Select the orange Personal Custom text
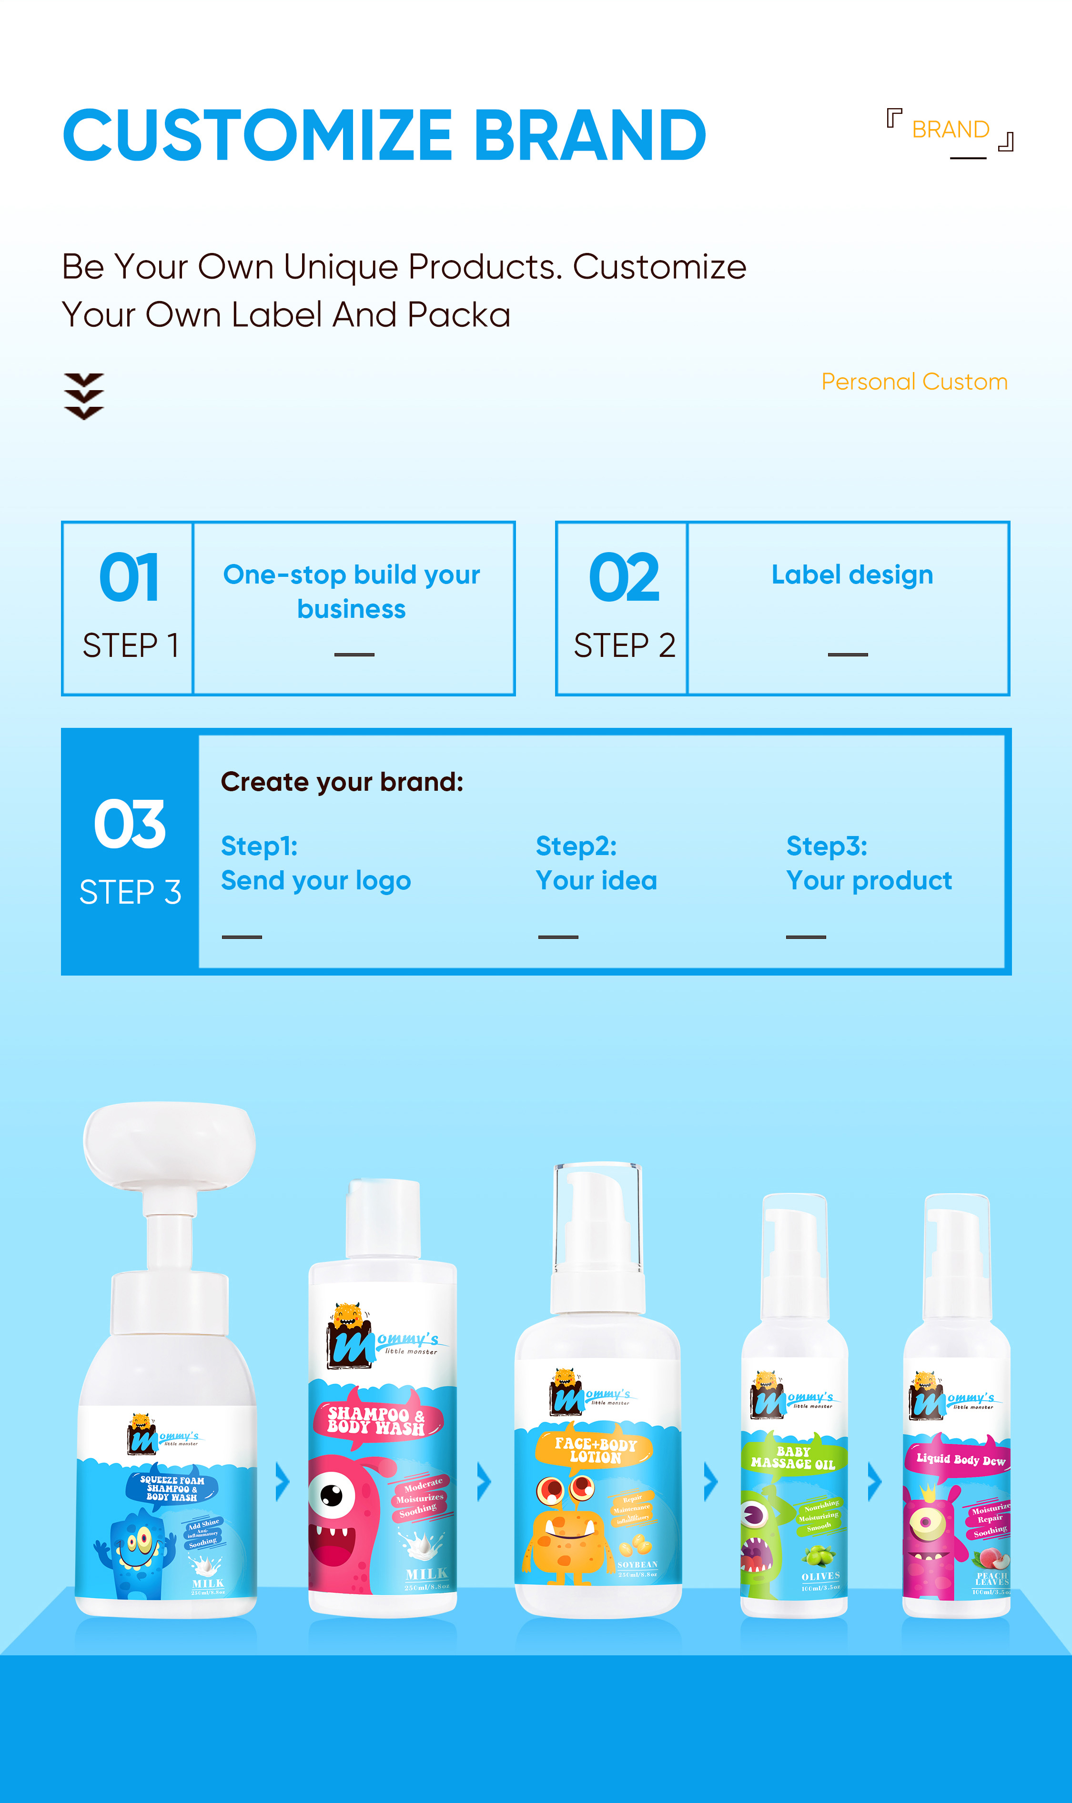click(914, 381)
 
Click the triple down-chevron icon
click(84, 396)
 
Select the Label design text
click(852, 575)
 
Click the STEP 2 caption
click(624, 645)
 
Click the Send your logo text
click(316, 880)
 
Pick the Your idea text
click(596, 880)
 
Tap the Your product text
click(868, 880)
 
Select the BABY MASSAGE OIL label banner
click(792, 1457)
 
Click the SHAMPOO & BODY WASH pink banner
click(375, 1420)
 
